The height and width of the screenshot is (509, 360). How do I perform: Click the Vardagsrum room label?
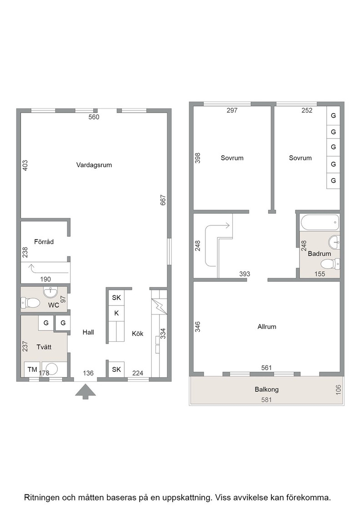pos(94,165)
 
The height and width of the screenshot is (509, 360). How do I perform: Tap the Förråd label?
pos(44,241)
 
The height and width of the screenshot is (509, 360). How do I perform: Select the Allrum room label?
pos(267,327)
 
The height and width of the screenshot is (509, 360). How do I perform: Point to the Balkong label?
pos(266,389)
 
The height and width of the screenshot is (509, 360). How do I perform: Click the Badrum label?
pos(320,254)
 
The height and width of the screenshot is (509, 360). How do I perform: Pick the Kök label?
pos(138,334)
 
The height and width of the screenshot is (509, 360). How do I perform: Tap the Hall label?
pos(88,332)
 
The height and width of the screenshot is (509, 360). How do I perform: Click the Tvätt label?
pos(44,347)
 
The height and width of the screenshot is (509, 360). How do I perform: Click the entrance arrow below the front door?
pos(86,391)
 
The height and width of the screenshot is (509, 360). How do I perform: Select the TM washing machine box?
pos(32,369)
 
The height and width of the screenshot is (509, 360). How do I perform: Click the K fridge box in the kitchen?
pos(116,313)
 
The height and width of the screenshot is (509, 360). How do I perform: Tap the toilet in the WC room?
pos(30,303)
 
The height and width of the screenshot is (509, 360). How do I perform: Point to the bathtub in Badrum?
pos(320,223)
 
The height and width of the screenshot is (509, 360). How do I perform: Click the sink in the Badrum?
pos(335,242)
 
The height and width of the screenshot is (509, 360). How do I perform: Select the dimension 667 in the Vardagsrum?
pos(163,200)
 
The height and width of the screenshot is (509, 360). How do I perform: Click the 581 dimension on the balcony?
pos(266,400)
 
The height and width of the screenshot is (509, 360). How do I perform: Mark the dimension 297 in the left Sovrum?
pos(232,110)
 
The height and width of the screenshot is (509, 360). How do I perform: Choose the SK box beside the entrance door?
pos(116,369)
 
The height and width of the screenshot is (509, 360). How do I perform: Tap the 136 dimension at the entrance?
pos(88,373)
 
